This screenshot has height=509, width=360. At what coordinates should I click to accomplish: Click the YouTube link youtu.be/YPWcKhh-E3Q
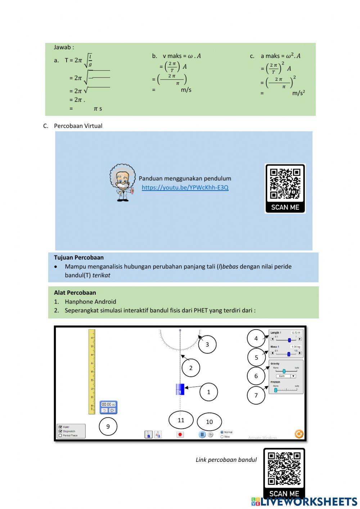tap(185, 187)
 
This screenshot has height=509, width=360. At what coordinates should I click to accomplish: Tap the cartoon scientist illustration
tap(122, 182)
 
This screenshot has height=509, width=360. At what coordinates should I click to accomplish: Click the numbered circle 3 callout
tap(207, 344)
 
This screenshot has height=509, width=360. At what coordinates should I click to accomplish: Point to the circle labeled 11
tap(181, 420)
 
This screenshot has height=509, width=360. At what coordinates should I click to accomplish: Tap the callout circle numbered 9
tap(108, 427)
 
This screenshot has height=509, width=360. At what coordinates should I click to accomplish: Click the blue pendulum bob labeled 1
tap(180, 389)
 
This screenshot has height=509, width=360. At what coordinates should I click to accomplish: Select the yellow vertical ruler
tap(92, 371)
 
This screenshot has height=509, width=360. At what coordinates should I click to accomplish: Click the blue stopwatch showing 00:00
tap(108, 407)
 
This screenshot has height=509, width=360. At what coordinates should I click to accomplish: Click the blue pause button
tap(202, 434)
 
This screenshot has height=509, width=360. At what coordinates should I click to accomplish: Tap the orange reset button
tap(299, 434)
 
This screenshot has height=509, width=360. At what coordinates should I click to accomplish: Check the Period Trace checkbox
tap(60, 436)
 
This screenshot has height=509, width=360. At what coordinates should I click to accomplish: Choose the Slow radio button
tap(222, 437)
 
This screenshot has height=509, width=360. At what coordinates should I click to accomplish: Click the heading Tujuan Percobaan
tap(79, 258)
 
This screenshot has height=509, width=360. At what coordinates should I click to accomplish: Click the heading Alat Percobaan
tap(75, 293)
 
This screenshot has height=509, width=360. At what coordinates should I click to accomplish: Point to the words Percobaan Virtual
tap(78, 126)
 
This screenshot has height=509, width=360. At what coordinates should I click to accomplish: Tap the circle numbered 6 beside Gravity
tap(256, 376)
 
